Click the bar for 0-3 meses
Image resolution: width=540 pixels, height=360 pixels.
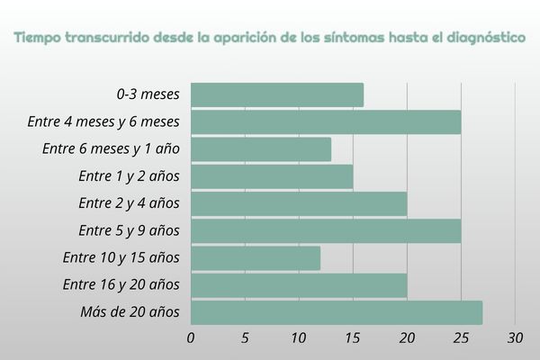tap(277, 94)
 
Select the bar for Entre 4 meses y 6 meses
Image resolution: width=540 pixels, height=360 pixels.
tap(326, 121)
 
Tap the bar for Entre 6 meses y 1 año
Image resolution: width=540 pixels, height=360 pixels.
tap(261, 149)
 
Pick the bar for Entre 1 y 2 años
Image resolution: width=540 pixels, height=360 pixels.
tap(272, 176)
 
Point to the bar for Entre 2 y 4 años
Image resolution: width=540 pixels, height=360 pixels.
tap(299, 203)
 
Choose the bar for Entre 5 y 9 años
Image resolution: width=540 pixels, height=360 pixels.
tap(326, 231)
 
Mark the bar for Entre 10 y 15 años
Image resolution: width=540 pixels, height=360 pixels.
tap(256, 258)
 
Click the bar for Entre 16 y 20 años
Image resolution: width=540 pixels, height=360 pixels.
tap(299, 285)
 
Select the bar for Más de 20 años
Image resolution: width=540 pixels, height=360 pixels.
tap(337, 312)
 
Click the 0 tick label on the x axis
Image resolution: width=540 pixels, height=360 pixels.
tap(191, 338)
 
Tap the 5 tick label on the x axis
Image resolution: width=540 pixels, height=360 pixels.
tap(245, 338)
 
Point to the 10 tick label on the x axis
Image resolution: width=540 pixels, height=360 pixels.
tap(299, 338)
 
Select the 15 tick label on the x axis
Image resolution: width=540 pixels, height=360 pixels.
tap(353, 338)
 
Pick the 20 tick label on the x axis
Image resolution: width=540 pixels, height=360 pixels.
tap(407, 338)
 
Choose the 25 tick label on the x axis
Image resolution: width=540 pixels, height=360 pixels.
tap(461, 338)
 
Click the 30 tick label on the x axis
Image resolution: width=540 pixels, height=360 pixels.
tap(515, 338)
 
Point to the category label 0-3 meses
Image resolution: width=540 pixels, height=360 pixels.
tap(148, 94)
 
